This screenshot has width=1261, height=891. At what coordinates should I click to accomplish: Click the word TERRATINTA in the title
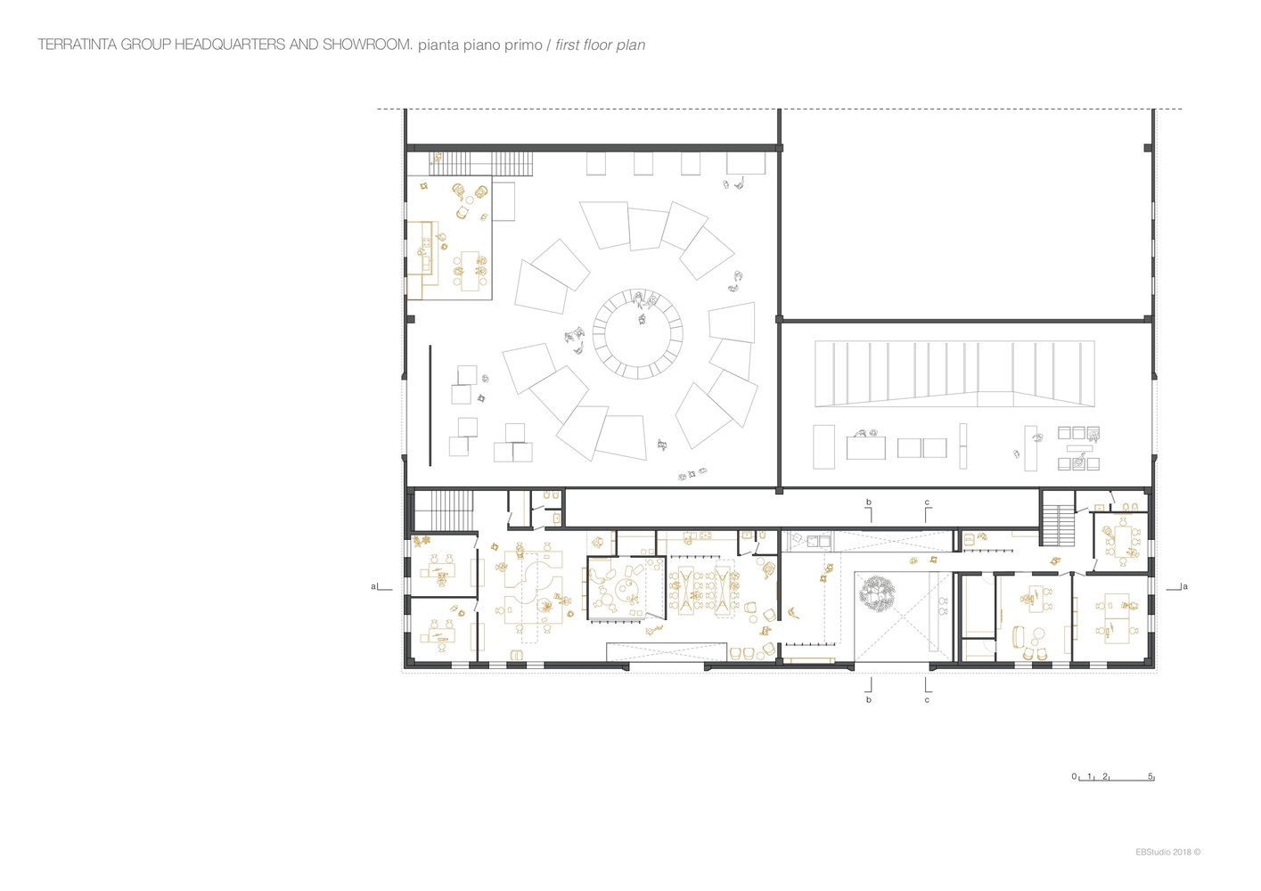(78, 45)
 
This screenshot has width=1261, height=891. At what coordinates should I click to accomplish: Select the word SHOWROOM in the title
(367, 45)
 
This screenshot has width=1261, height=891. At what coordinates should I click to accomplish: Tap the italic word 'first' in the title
(568, 45)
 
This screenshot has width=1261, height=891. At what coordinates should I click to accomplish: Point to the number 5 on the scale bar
(1150, 776)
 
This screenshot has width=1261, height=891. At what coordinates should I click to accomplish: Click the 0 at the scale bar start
(1074, 776)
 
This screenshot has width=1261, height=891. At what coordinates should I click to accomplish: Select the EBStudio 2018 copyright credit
(1168, 852)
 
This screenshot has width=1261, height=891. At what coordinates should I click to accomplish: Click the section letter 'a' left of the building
(373, 586)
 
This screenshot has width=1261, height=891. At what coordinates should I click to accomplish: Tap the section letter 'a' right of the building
(1185, 586)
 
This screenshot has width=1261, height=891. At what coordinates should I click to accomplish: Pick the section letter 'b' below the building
(869, 699)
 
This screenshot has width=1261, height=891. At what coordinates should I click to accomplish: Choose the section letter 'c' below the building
(927, 700)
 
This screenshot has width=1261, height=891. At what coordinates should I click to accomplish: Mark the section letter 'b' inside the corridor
(869, 502)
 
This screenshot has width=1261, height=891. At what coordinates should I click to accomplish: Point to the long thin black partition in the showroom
(430, 405)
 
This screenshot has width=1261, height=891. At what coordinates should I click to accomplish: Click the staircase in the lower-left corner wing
(444, 510)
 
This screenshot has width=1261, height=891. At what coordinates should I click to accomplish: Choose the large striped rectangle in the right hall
(954, 373)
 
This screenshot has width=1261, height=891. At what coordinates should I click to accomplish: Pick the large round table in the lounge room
(626, 589)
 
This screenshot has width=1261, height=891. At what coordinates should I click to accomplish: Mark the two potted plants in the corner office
(422, 542)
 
